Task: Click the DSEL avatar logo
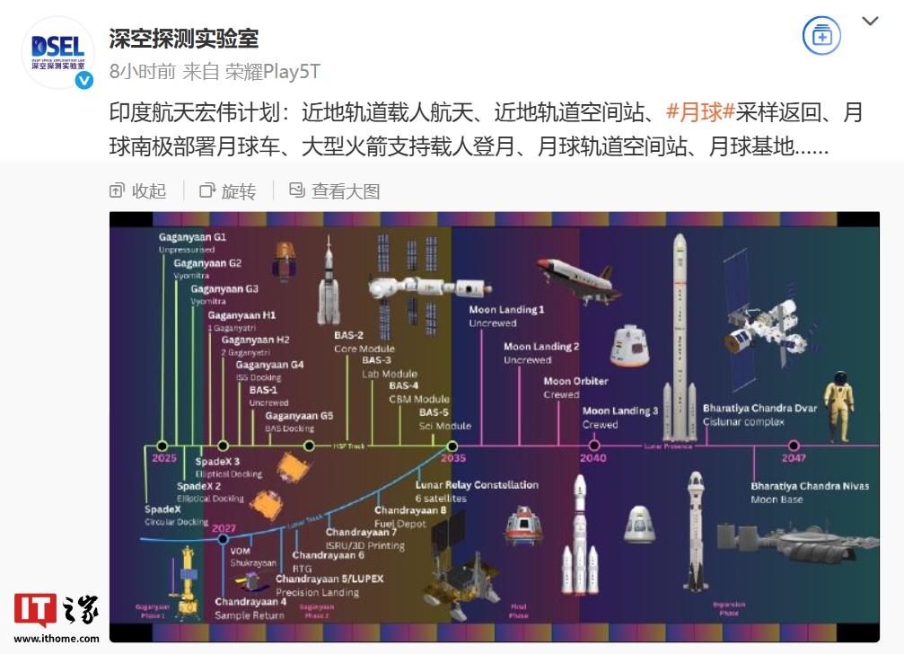(x=57, y=52)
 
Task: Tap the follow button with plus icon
(x=821, y=37)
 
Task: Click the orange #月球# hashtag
(x=701, y=112)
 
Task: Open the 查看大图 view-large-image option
(x=335, y=190)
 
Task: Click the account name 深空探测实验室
(x=184, y=39)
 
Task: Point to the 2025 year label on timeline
(x=164, y=458)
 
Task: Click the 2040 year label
(x=593, y=457)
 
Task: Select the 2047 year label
(x=794, y=457)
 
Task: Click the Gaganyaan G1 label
(x=192, y=236)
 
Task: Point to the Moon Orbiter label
(x=575, y=381)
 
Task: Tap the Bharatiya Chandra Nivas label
(x=810, y=486)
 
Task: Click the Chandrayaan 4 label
(x=250, y=602)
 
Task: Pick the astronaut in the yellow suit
(x=838, y=406)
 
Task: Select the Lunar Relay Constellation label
(x=477, y=485)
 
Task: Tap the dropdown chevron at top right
(x=870, y=22)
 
